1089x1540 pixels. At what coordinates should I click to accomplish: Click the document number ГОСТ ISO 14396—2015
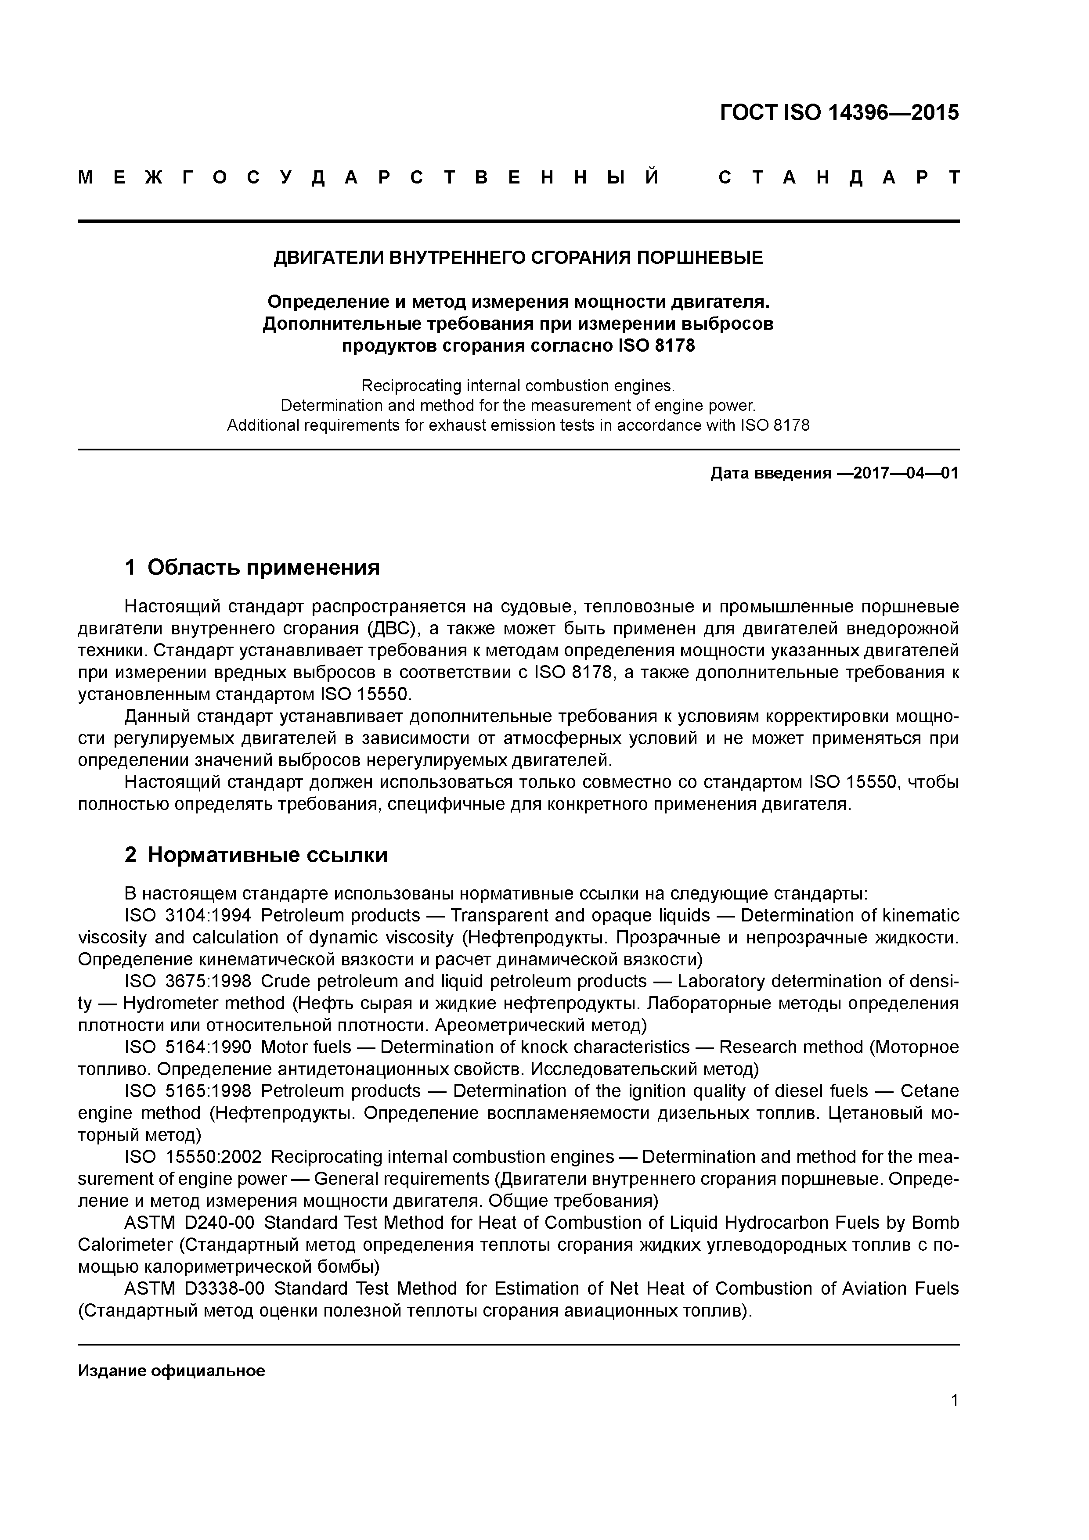pyautogui.click(x=840, y=113)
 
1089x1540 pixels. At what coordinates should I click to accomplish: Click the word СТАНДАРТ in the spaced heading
pyautogui.click(x=839, y=178)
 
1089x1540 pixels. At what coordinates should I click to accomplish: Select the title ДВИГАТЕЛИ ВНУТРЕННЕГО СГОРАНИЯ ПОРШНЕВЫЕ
pyautogui.click(x=518, y=258)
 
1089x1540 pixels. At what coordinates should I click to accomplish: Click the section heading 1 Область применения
pyautogui.click(x=252, y=568)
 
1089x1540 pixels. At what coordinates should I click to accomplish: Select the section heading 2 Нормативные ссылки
pyautogui.click(x=256, y=855)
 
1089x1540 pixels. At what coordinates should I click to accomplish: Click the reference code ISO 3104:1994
pyautogui.click(x=188, y=916)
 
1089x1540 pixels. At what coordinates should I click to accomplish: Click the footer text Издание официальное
pyautogui.click(x=171, y=1371)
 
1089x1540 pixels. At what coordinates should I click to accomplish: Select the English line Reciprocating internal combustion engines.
pyautogui.click(x=518, y=386)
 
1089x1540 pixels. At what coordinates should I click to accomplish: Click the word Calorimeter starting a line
pyautogui.click(x=125, y=1245)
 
